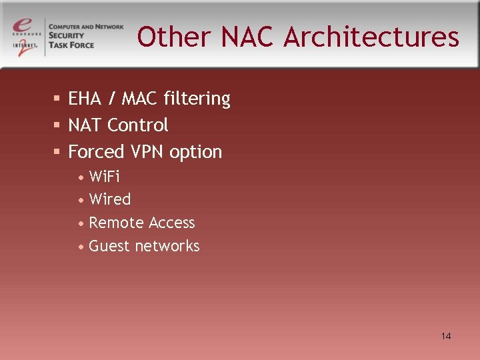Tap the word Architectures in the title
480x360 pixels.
point(371,37)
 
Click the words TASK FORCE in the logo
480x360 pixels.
point(71,45)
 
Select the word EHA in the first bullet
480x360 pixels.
point(83,99)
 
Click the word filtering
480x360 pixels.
point(198,99)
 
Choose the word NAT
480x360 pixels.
point(85,125)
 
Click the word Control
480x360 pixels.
point(138,125)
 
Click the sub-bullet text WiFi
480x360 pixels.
point(104,177)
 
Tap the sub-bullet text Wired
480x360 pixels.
point(110,199)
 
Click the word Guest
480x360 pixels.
point(109,246)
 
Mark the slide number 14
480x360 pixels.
point(446,336)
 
